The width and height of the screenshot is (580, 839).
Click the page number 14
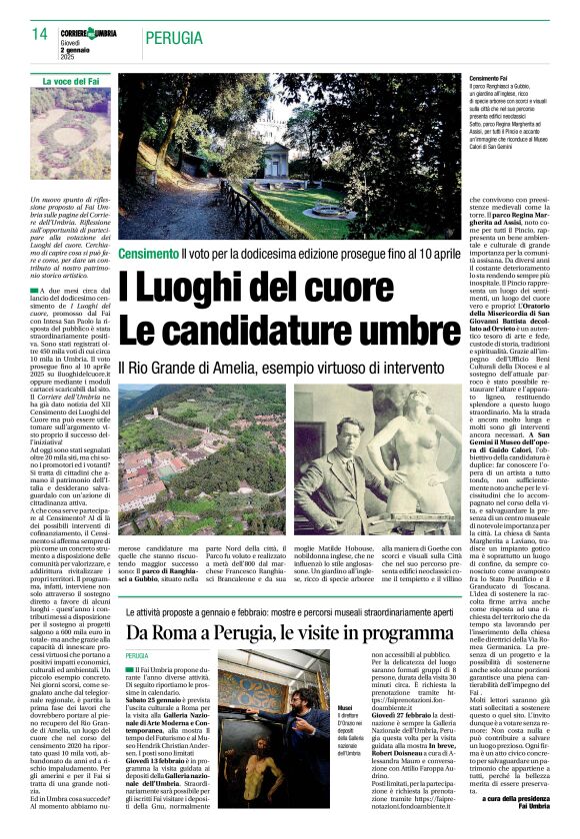click(40, 35)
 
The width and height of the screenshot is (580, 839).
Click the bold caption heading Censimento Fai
click(489, 78)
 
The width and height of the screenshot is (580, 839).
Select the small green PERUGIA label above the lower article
click(137, 656)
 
